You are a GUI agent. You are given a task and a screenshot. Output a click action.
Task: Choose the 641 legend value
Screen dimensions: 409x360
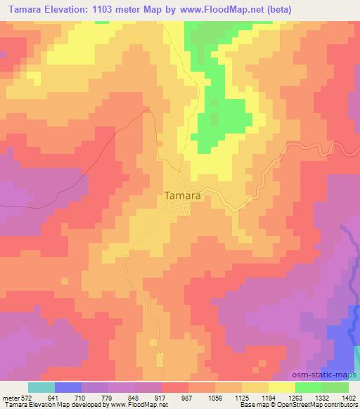[54, 397]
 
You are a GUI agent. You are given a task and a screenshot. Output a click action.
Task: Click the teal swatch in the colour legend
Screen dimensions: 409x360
[41, 387]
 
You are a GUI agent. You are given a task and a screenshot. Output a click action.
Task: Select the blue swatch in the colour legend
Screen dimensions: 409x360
[68, 387]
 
